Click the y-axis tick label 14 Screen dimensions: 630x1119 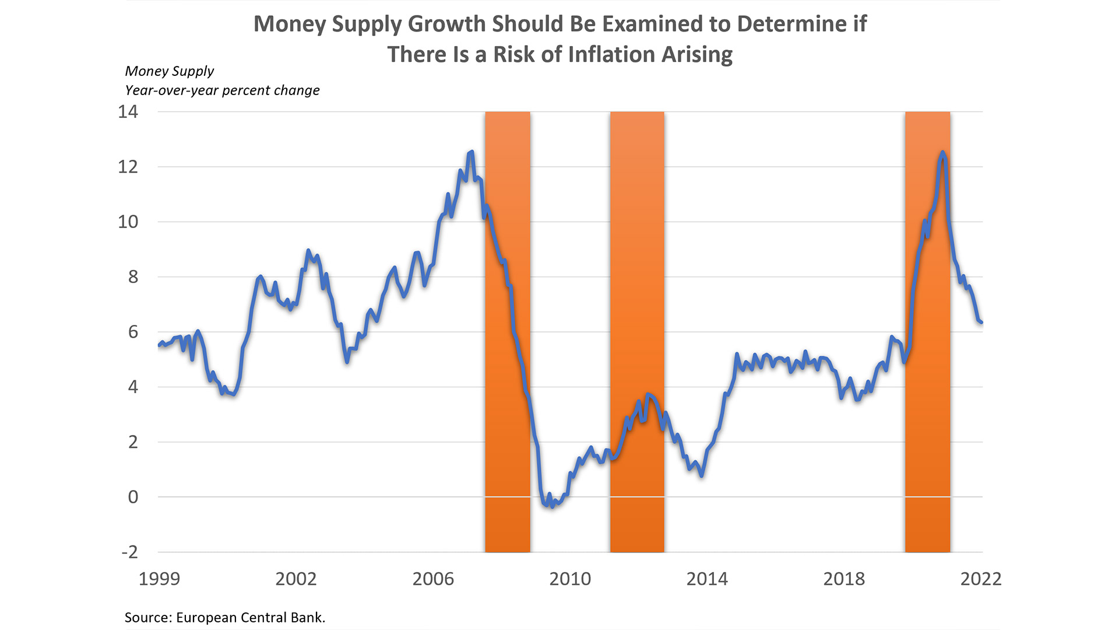(128, 111)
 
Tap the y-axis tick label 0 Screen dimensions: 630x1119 (133, 497)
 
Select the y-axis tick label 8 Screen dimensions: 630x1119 (133, 276)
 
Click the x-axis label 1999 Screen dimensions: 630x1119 (159, 579)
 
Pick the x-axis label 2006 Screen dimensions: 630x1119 (433, 579)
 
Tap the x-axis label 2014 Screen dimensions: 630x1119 (707, 579)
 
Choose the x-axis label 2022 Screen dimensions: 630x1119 (981, 579)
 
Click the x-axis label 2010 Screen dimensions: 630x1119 (570, 579)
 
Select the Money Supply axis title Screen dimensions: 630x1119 (170, 71)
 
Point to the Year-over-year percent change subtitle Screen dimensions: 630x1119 (222, 90)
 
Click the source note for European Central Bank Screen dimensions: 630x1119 (225, 617)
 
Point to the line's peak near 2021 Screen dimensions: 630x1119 (942, 153)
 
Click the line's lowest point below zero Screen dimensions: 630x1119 (552, 506)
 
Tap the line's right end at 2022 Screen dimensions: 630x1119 (982, 322)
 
